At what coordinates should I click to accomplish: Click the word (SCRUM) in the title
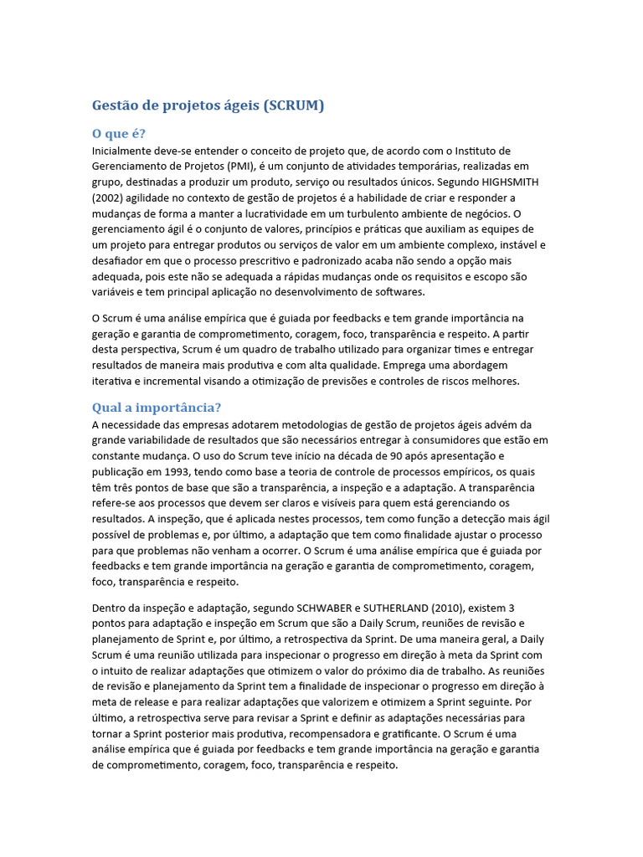pyautogui.click(x=293, y=106)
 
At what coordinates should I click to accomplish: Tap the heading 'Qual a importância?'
pyautogui.click(x=156, y=408)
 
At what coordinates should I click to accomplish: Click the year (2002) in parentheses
pyautogui.click(x=111, y=198)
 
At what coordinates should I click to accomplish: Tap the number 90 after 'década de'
pyautogui.click(x=399, y=455)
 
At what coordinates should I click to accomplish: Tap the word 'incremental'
pyautogui.click(x=176, y=381)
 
